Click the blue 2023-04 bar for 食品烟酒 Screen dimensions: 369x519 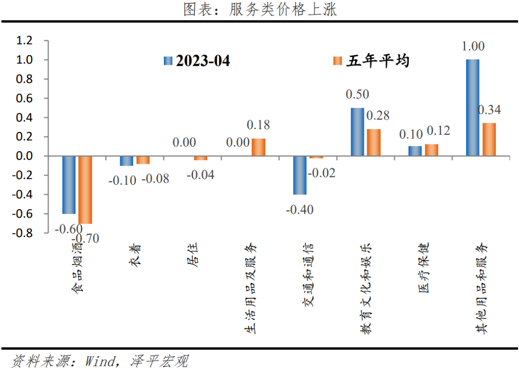[69, 185]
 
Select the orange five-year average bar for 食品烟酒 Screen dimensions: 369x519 [86, 190]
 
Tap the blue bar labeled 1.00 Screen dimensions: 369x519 [472, 107]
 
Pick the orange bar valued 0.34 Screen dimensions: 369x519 [489, 139]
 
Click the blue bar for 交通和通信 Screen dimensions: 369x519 [299, 175]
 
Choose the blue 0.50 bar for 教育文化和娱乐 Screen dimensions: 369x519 [357, 132]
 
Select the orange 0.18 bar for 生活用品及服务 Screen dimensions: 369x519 [259, 147]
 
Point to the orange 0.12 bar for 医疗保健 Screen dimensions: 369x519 [432, 150]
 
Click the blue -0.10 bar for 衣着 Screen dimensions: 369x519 [126, 161]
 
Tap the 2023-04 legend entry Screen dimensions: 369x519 [197, 61]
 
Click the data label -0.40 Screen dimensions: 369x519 [299, 209]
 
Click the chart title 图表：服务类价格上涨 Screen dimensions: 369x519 [260, 10]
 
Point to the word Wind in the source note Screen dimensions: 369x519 [100, 360]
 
